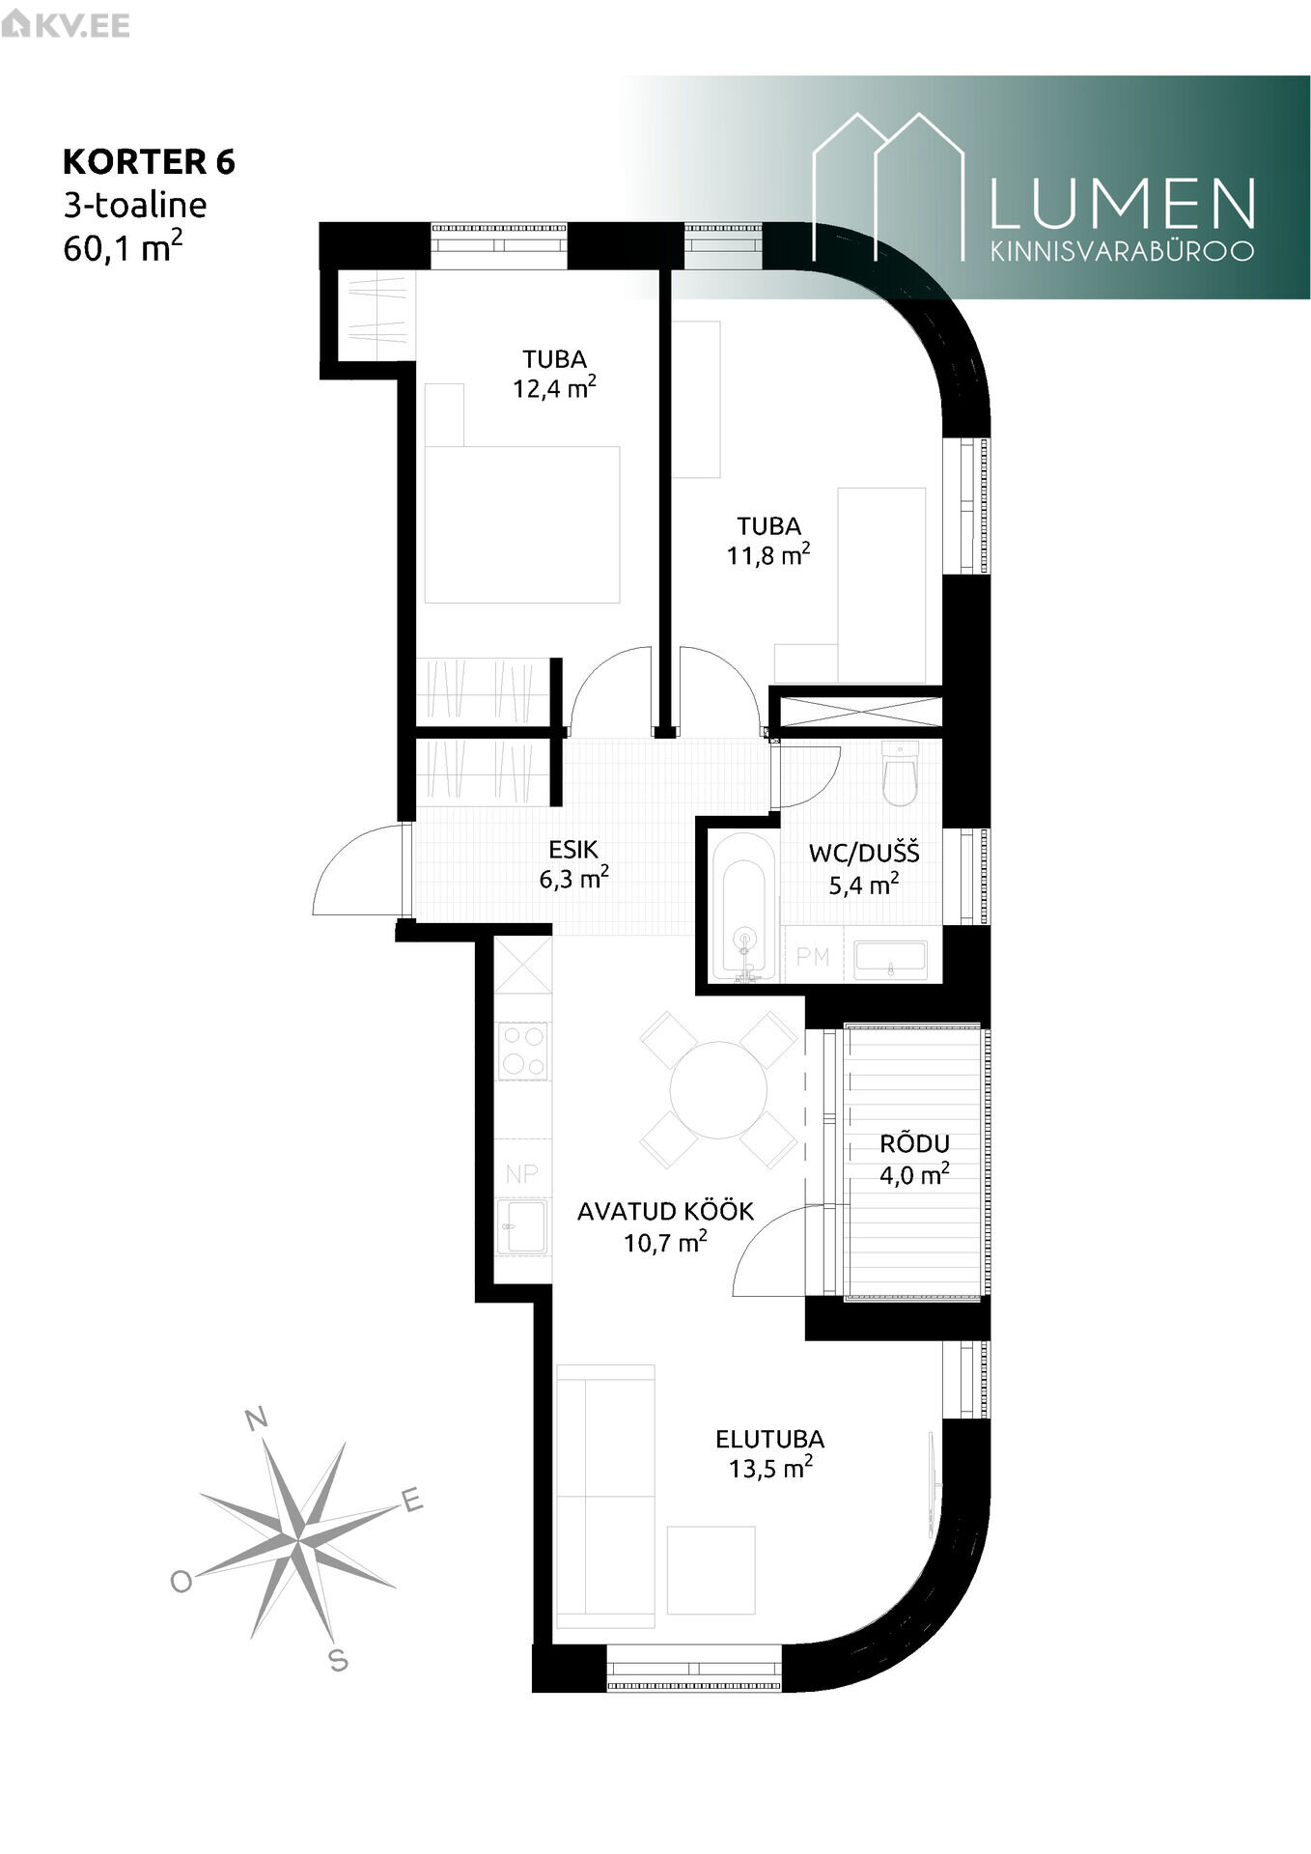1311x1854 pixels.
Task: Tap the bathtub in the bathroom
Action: (743, 907)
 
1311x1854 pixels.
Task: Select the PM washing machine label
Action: (813, 956)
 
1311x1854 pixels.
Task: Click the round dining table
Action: (719, 1089)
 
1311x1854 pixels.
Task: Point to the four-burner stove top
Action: (522, 1051)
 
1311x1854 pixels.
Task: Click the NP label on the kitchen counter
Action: (522, 1174)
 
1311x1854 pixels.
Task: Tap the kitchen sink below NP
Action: (522, 1227)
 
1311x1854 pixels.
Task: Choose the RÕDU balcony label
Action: (914, 1143)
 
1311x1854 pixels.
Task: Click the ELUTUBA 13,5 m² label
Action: (770, 1453)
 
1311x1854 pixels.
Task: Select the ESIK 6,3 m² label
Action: (574, 863)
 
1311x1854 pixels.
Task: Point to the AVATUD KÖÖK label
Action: (665, 1211)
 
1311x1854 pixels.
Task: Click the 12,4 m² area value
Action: (554, 388)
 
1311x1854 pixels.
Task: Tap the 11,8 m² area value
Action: (768, 555)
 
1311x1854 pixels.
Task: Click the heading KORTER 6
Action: (149, 161)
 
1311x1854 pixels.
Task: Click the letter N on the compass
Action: (257, 1419)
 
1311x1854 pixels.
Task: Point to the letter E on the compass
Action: (412, 1500)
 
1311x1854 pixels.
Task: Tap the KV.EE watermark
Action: (66, 24)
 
